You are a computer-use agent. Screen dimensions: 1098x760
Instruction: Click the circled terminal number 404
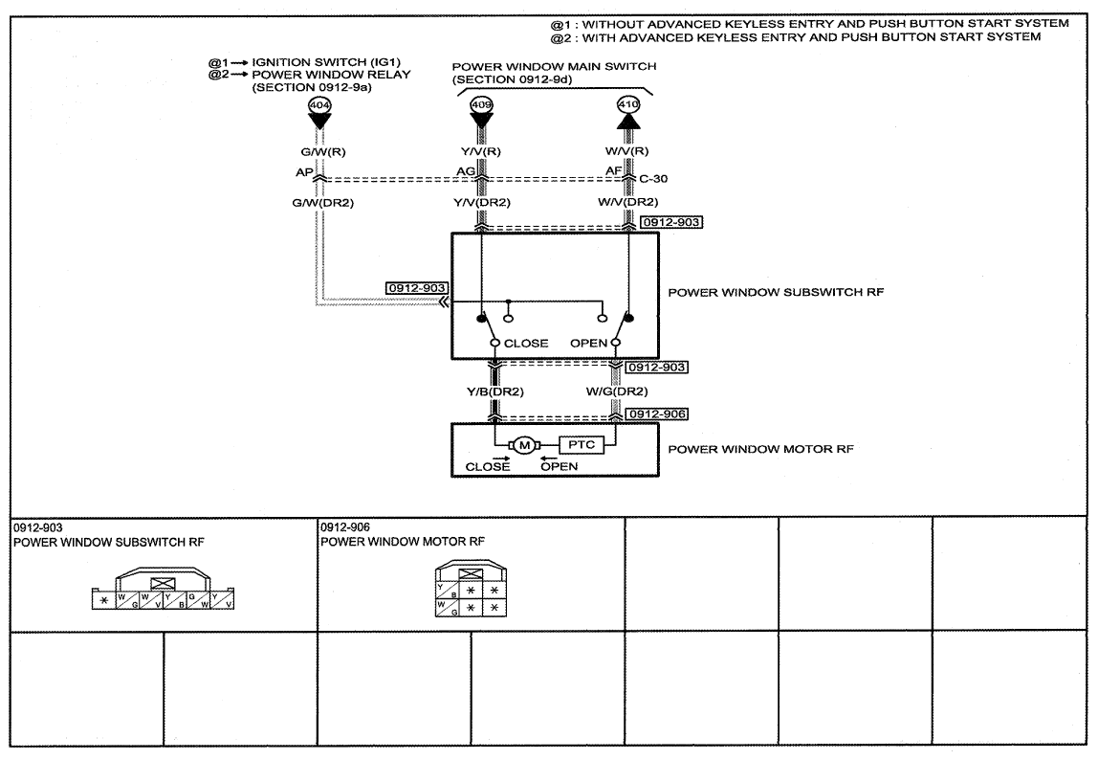click(319, 105)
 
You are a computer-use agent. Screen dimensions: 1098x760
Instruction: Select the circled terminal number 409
click(481, 105)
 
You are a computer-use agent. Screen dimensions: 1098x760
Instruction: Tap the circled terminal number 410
click(628, 104)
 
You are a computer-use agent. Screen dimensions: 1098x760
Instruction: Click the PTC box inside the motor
click(582, 444)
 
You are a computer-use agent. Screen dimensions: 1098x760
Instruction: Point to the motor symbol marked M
click(524, 445)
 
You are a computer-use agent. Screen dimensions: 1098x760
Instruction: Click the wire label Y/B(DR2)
click(495, 391)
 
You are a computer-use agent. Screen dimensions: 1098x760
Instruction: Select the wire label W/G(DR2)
click(617, 391)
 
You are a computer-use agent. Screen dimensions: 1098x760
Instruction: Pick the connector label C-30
click(653, 179)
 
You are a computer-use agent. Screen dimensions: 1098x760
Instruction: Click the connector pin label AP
click(304, 171)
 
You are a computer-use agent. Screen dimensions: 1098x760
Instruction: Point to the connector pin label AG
click(466, 171)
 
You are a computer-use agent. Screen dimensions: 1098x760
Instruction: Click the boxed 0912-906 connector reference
click(657, 414)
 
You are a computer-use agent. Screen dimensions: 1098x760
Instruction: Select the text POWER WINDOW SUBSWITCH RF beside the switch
click(776, 292)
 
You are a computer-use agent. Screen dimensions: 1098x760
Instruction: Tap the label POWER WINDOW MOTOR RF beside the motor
click(761, 449)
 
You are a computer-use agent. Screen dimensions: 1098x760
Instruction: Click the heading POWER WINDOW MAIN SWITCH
click(554, 67)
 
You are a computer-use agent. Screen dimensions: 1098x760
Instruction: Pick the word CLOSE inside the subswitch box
click(526, 344)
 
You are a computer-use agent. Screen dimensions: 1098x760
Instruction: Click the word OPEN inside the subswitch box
click(588, 344)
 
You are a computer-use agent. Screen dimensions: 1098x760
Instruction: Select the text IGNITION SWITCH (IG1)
click(326, 61)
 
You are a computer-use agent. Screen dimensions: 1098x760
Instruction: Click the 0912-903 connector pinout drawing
click(164, 589)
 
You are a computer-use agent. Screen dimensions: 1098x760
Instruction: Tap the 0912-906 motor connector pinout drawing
click(471, 589)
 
